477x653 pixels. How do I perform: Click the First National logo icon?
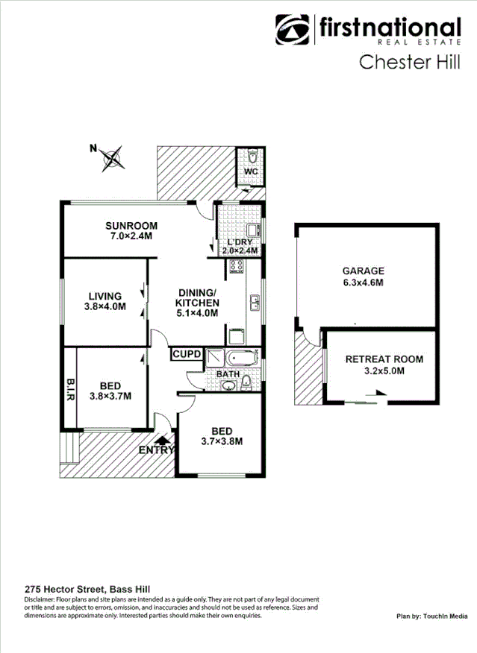click(x=293, y=31)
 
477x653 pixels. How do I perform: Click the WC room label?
click(x=251, y=171)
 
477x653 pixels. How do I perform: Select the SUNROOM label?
click(x=131, y=226)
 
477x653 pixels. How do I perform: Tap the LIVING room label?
click(x=105, y=295)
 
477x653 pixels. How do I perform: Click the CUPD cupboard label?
click(x=186, y=355)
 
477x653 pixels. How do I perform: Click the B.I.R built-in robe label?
click(x=69, y=389)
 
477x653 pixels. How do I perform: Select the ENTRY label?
click(x=157, y=449)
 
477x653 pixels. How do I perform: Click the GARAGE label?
click(x=363, y=271)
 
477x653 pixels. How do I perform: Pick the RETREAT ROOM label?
click(x=384, y=359)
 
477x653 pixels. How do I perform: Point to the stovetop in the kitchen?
click(x=237, y=266)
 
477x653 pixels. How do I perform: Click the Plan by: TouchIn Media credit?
click(x=431, y=616)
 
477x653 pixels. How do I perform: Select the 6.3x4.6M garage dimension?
click(x=363, y=283)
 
